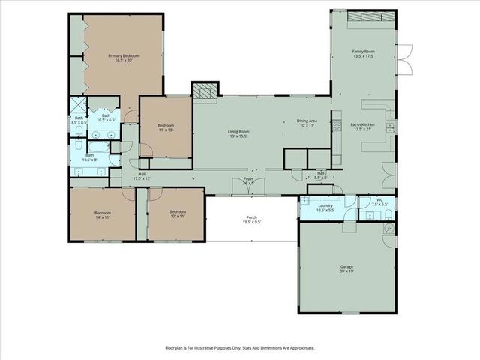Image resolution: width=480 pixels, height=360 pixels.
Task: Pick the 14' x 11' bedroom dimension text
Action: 103,217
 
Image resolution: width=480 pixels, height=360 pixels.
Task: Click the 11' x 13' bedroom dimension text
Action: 166,130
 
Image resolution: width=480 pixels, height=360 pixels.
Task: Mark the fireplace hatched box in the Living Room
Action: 204,91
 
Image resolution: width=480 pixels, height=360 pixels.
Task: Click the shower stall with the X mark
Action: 79,106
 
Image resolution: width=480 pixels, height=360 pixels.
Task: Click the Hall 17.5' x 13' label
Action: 142,176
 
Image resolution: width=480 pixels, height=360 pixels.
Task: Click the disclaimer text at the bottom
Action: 240,348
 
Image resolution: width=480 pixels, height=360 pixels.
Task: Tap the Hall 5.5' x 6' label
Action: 320,175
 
